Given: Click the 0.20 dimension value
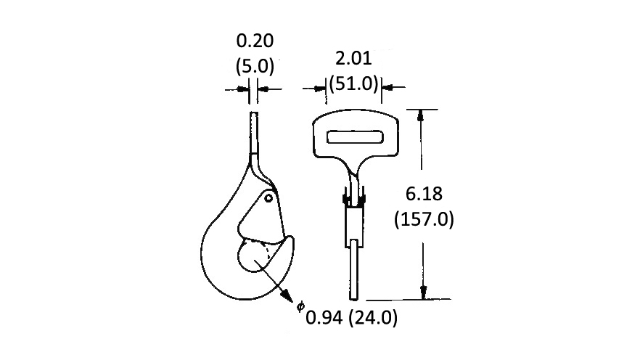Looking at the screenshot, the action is pyautogui.click(x=255, y=41).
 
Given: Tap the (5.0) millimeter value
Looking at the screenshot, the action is pyautogui.click(x=255, y=66).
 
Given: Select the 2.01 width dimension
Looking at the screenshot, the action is pyautogui.click(x=353, y=58).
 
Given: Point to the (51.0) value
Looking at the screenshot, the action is pyautogui.click(x=353, y=83).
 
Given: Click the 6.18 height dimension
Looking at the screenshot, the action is pyautogui.click(x=424, y=194).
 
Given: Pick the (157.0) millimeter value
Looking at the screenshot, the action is pyautogui.click(x=424, y=220).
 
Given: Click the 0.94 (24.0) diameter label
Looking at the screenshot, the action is pyautogui.click(x=351, y=318).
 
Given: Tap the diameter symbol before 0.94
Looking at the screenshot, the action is pyautogui.click(x=300, y=306).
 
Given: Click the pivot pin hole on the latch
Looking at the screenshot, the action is pyautogui.click(x=268, y=199).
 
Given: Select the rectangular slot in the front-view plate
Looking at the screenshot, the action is pyautogui.click(x=355, y=137).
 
